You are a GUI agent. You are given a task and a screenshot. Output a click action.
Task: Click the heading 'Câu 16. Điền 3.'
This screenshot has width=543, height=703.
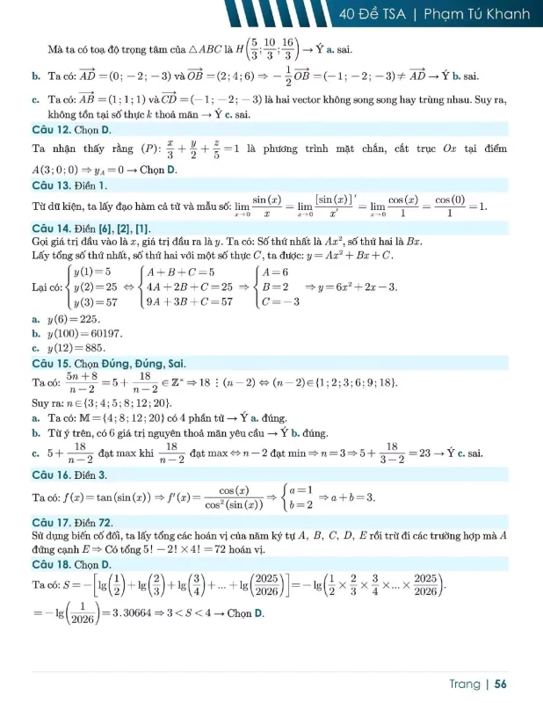(x=69, y=475)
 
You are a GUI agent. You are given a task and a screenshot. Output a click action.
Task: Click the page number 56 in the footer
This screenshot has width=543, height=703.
(x=501, y=683)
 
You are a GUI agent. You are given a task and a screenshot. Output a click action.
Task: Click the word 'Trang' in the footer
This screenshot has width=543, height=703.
(x=463, y=683)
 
